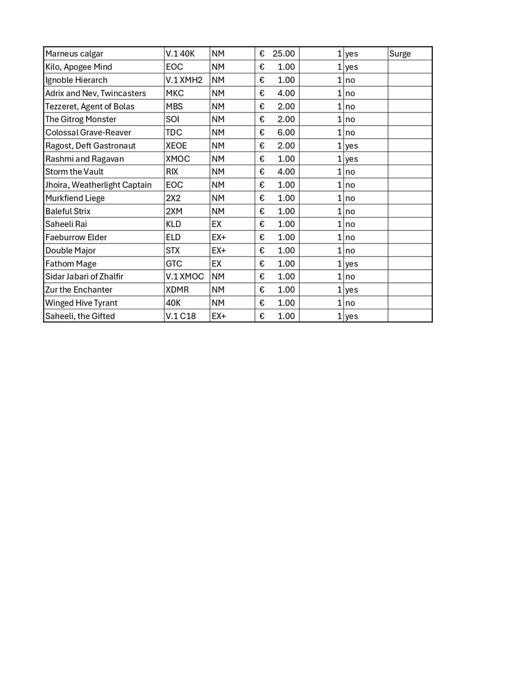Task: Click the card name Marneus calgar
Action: click(74, 54)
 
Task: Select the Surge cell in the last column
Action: click(400, 54)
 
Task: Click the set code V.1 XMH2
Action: click(184, 80)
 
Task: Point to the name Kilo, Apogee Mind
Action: click(78, 67)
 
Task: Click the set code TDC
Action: click(174, 133)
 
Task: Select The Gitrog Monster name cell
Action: click(81, 120)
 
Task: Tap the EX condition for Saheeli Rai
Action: click(216, 224)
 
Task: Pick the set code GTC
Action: click(174, 264)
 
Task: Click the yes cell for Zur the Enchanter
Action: click(351, 290)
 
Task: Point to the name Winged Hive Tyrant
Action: click(81, 303)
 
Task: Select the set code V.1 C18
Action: click(181, 316)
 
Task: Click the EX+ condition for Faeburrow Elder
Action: click(219, 237)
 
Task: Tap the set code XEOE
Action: click(176, 146)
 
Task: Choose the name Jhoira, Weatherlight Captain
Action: click(98, 185)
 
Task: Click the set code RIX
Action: click(172, 172)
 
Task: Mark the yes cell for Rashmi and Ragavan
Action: click(351, 159)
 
